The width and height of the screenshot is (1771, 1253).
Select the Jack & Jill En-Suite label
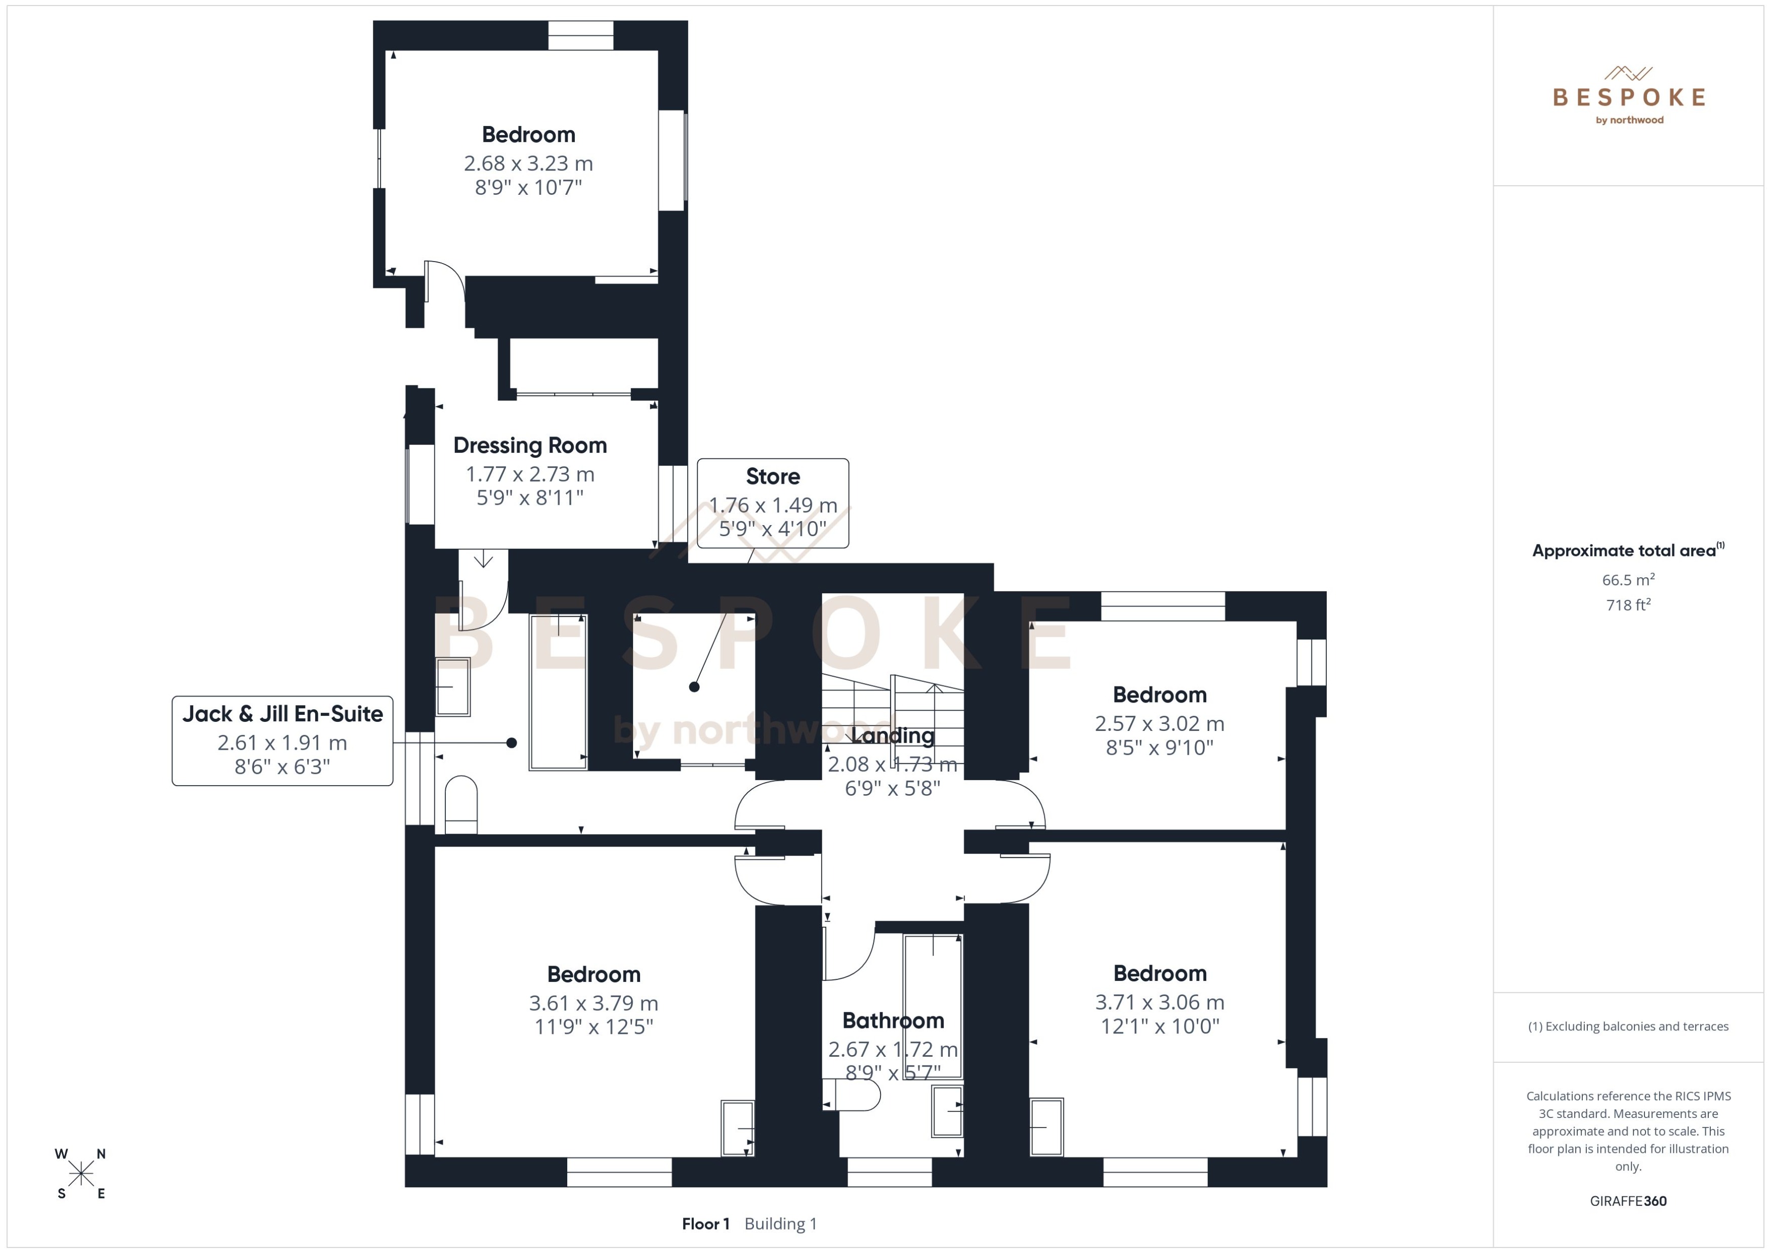tap(282, 714)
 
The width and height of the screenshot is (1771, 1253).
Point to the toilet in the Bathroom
tap(852, 1094)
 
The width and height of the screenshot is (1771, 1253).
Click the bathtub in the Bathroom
tap(933, 1005)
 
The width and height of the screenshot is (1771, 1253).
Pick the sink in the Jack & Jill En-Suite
tap(453, 686)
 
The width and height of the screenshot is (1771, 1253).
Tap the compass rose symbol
tap(80, 1174)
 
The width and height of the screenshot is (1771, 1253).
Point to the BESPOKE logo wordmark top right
tap(1628, 97)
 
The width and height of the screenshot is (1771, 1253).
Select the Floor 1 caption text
tap(705, 1224)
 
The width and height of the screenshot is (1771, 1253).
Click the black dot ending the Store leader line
tap(695, 686)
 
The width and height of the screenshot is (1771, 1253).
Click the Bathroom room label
tap(893, 1021)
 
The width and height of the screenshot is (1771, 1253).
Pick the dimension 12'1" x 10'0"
tap(1159, 1026)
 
